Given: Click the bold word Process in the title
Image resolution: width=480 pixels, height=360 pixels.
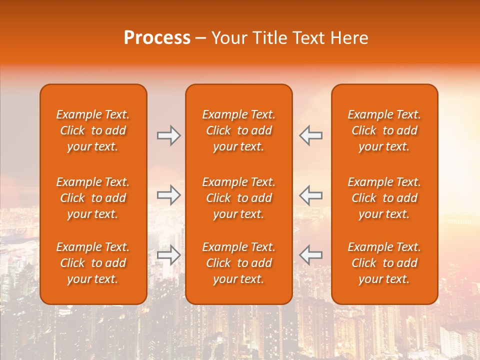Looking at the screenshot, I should pos(157,38).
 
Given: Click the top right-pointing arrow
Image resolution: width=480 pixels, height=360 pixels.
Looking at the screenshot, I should pos(168,135).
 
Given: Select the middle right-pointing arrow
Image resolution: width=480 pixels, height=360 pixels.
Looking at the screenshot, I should pos(168,194).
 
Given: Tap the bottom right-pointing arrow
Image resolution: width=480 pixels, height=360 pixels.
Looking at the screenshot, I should pos(168,255).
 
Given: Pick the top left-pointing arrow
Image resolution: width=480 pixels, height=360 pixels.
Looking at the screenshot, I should pos(311,135).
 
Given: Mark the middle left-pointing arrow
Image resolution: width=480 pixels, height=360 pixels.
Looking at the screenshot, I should pos(311,194).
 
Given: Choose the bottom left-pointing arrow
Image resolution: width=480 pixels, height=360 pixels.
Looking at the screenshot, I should pos(311,255).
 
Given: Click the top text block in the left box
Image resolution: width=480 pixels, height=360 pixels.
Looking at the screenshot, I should pos(93,130).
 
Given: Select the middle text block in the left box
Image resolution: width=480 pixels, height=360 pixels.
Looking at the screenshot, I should pos(93,198).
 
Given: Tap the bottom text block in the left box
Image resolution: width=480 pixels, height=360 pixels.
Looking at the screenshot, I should pos(93,263).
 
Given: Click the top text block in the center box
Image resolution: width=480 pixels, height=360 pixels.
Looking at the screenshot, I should pos(239,130).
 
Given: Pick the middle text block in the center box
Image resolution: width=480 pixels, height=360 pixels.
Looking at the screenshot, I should pos(239,198).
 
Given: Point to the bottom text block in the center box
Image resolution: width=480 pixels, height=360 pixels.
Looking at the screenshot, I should pos(239,263).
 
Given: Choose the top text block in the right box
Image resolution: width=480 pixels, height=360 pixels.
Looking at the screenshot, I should pos(384,130).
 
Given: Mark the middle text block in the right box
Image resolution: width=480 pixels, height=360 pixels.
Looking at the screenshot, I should pos(384,198).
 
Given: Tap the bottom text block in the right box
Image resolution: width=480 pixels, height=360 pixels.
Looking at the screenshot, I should pos(384,263).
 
